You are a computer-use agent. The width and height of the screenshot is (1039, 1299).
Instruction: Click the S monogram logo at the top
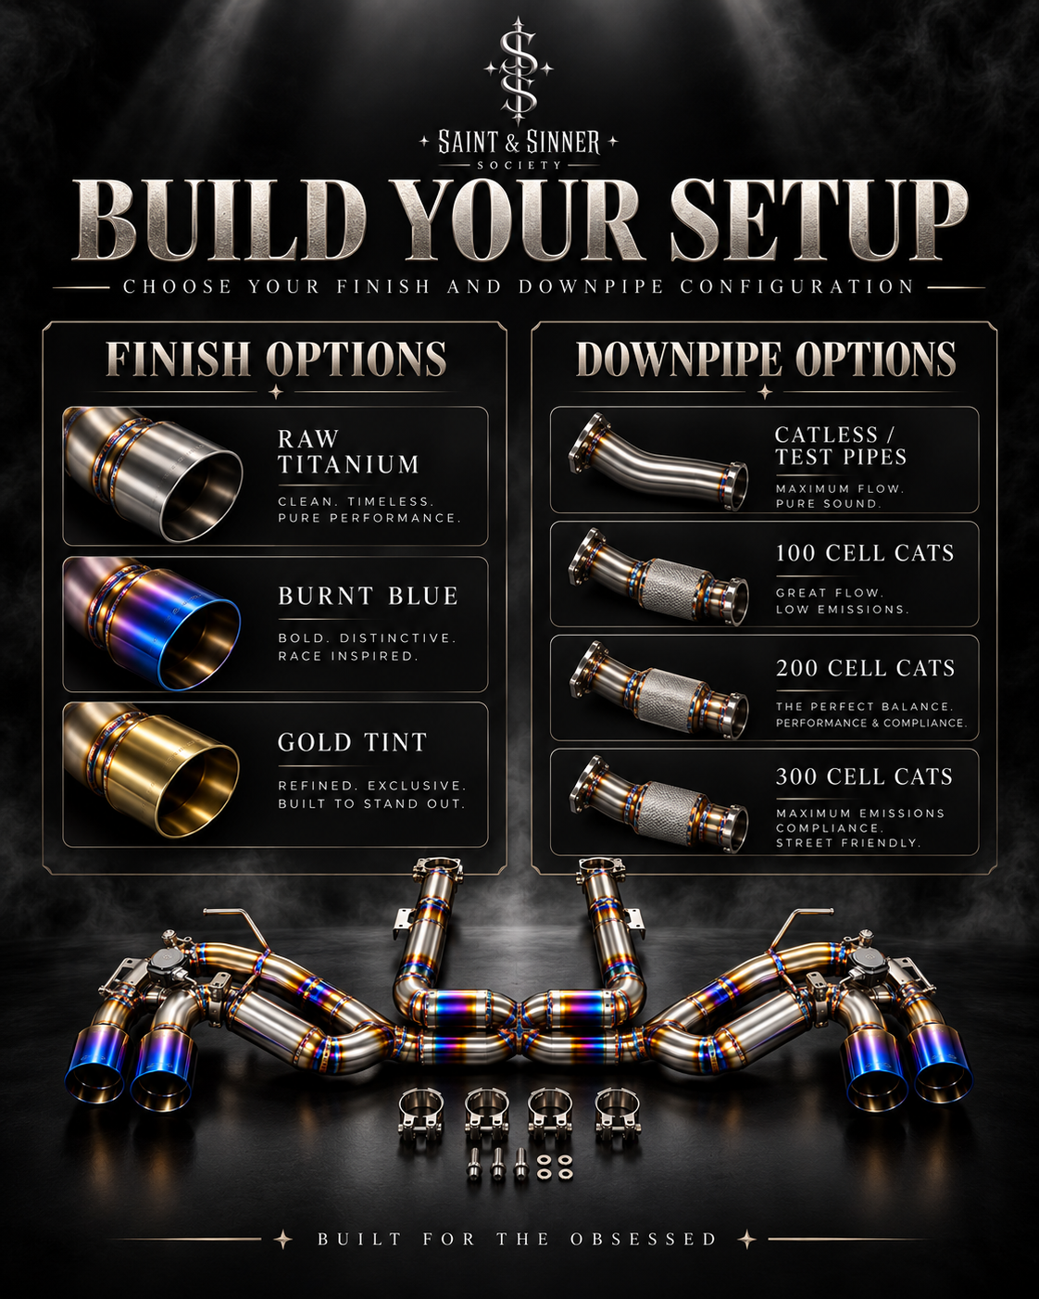519,71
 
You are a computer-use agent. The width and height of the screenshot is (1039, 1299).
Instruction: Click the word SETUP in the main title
819,221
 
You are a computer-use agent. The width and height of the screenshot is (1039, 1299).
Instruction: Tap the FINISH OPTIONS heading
276,359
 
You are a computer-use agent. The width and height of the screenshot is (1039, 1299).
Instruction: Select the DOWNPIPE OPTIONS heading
766,359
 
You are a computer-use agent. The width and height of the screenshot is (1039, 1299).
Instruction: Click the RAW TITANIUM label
348,451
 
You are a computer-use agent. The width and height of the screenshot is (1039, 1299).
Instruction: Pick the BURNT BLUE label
368,596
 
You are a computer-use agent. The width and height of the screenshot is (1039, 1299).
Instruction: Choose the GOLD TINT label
353,742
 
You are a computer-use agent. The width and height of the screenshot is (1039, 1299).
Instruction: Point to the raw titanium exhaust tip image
154,475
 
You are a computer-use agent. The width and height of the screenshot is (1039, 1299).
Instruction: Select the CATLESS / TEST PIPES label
841,446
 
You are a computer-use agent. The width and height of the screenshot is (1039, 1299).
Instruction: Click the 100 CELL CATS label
865,553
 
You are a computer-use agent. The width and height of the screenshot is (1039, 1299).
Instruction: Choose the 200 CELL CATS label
865,668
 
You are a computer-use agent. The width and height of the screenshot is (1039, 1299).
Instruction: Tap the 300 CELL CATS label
864,776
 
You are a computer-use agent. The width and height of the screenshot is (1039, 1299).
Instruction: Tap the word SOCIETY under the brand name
519,165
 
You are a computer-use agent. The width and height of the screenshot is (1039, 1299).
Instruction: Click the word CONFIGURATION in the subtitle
796,286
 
